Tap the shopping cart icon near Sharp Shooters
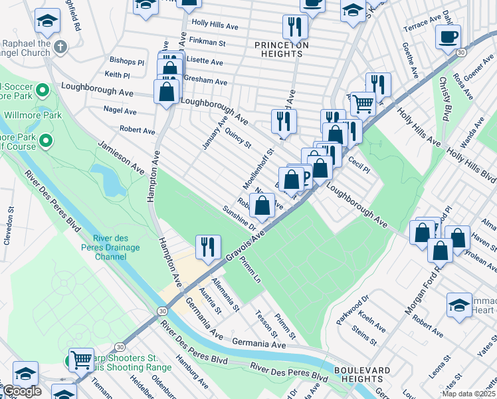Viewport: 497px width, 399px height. click(81, 359)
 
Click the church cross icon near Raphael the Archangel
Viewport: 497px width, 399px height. click(60, 47)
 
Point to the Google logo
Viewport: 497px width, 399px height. click(21, 391)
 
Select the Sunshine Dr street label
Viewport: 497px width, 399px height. click(239, 217)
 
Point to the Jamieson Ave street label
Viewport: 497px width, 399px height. click(121, 158)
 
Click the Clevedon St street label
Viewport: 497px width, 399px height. click(9, 226)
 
